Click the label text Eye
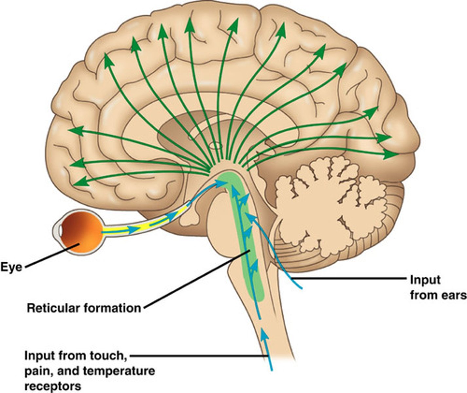pyautogui.click(x=11, y=267)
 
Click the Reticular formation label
pyautogui.click(x=84, y=308)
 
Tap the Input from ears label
pyautogui.click(x=438, y=288)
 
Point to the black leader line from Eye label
pyautogui.click(x=49, y=255)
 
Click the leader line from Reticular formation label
pyautogui.click(x=196, y=278)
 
